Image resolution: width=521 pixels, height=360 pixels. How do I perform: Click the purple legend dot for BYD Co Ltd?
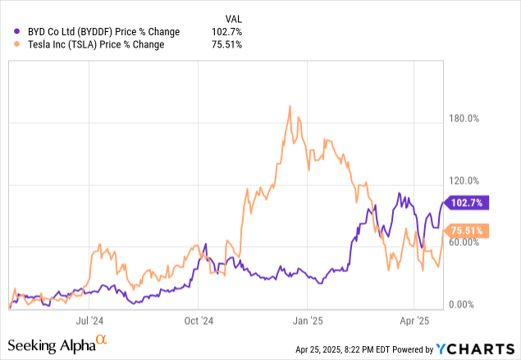[18, 31]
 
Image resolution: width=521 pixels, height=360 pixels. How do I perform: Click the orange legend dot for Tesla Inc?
[18, 44]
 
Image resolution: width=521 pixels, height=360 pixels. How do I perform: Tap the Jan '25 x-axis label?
[306, 321]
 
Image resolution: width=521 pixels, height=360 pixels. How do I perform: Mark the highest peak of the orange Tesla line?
[290, 106]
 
